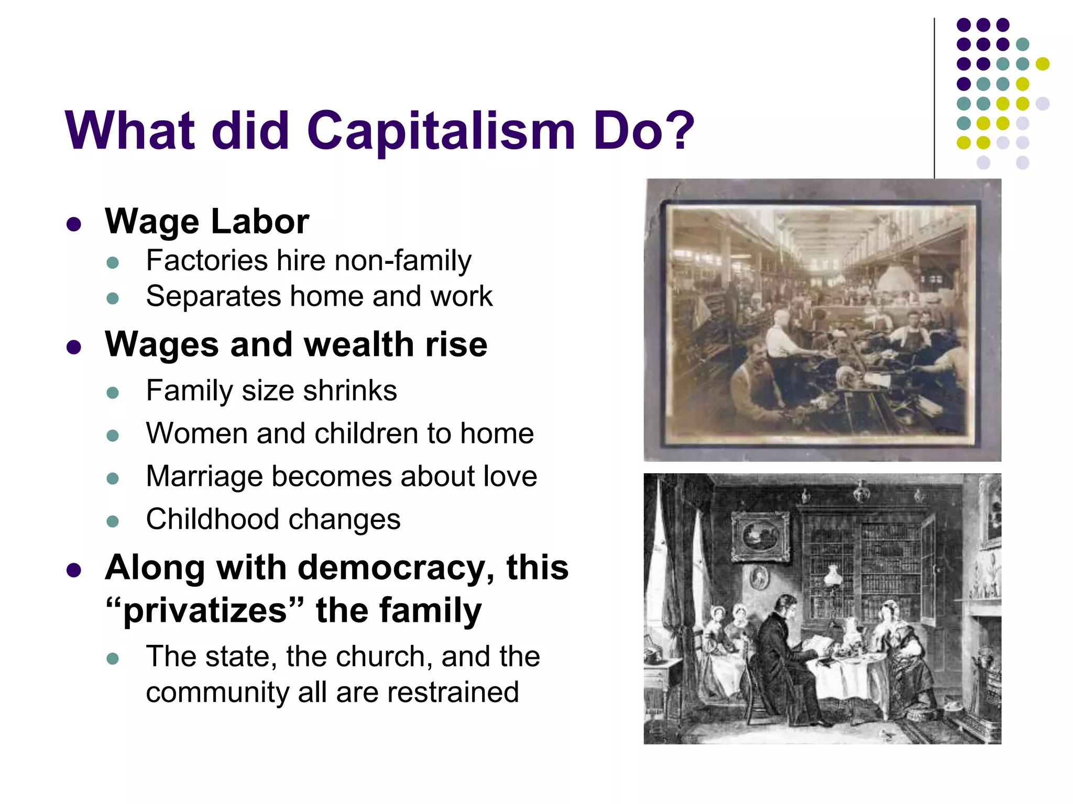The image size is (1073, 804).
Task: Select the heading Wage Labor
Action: (207, 221)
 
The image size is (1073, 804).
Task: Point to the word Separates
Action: (214, 297)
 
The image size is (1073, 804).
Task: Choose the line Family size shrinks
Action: (271, 391)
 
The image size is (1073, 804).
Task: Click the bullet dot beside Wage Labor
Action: (74, 225)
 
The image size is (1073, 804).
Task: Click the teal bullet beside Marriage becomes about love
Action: (113, 478)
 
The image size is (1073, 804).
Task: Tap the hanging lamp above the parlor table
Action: (832, 576)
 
